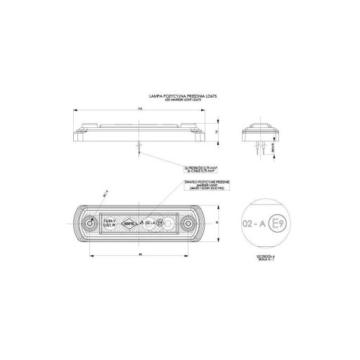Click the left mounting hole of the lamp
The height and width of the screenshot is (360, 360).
click(x=89, y=224)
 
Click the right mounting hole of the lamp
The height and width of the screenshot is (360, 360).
click(x=188, y=224)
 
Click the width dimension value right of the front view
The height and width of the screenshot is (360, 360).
click(x=219, y=224)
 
